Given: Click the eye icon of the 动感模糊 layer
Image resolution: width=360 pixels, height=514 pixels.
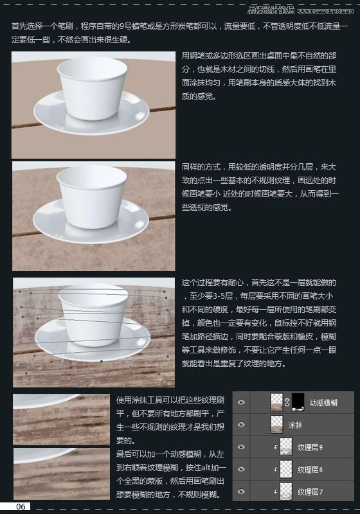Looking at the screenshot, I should point(242,402).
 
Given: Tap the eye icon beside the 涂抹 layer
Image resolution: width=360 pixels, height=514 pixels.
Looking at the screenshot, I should point(242,425).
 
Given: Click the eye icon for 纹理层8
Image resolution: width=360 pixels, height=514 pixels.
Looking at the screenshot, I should point(242,470).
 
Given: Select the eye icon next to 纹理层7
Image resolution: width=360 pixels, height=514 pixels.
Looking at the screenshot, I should point(242,492).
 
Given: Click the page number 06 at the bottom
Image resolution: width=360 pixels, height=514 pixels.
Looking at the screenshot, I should point(21,507).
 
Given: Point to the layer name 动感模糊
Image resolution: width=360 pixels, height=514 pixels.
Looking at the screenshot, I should point(323,402).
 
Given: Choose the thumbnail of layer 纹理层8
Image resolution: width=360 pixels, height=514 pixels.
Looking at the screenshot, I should point(286,470).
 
